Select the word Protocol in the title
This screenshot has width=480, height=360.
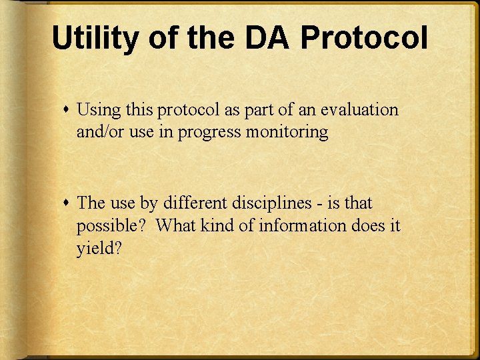(363, 38)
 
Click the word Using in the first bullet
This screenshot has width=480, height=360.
(98, 110)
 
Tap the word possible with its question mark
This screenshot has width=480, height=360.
(110, 226)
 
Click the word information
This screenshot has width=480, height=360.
(304, 225)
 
